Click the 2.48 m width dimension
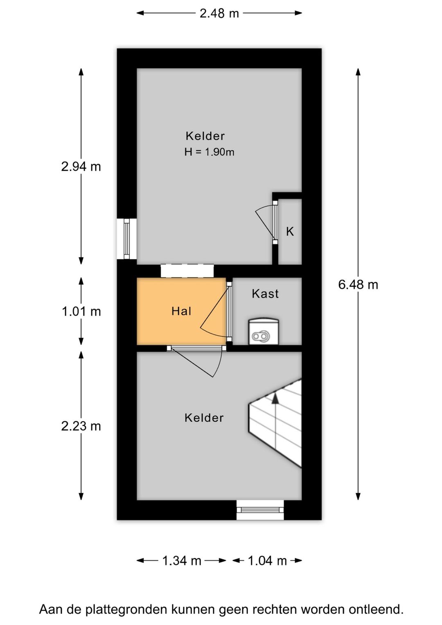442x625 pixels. point(219,13)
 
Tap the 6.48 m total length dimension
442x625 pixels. point(358,284)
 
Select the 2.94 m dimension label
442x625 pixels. point(81,167)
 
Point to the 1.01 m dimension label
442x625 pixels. point(81,311)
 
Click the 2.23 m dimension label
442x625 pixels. point(81,426)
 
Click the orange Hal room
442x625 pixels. point(181,311)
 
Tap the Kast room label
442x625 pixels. point(265,294)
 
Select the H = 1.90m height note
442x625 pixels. point(209,152)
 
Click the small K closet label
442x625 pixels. point(290,232)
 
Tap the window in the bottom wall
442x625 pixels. point(260,510)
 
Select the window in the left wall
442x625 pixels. point(127,239)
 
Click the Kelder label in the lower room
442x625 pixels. point(204,418)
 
